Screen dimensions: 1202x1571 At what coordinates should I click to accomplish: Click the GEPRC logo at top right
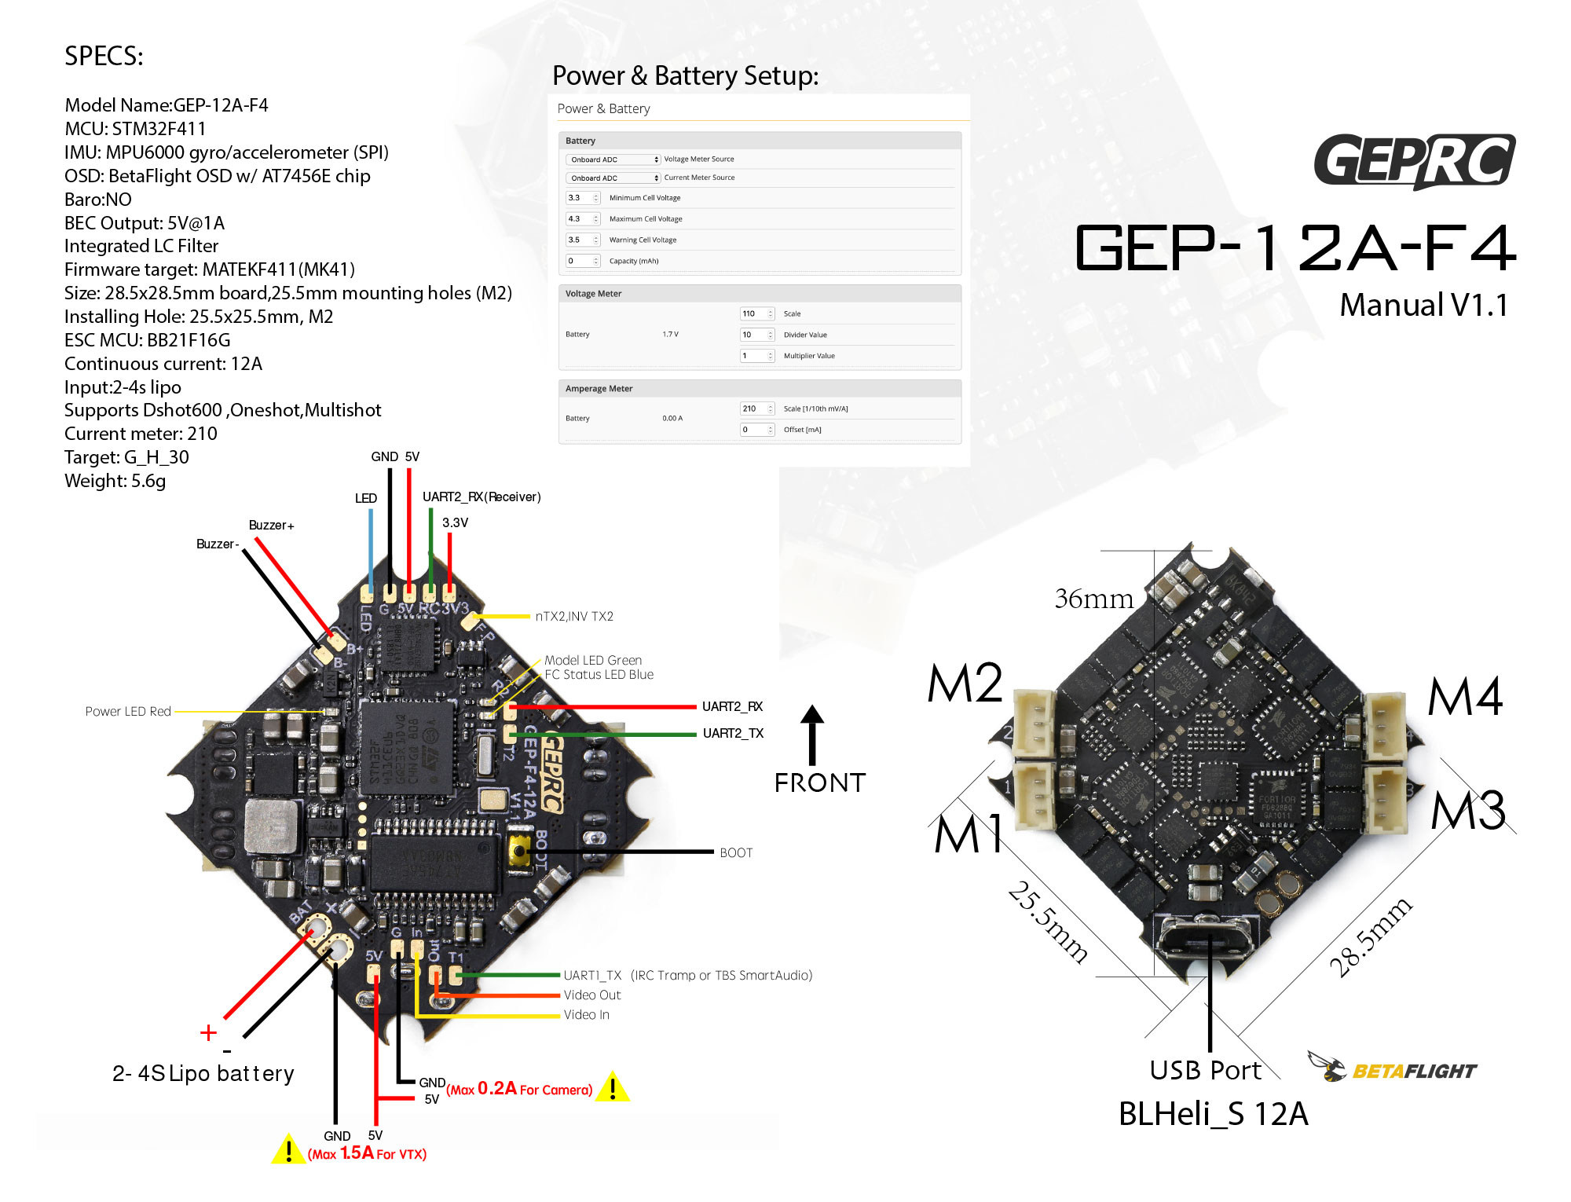coord(1414,161)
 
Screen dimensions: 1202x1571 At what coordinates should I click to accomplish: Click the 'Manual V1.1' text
coord(1423,305)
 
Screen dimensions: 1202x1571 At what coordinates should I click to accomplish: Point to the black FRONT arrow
coord(812,735)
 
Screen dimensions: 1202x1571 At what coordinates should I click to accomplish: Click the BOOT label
coord(736,852)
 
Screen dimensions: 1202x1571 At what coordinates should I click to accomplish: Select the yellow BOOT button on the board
coord(519,852)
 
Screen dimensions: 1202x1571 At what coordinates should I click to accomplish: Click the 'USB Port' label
coord(1204,1070)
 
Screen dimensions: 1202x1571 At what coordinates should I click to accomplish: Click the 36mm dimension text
coord(1093,599)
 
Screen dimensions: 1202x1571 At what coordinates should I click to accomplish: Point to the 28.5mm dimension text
coord(1370,937)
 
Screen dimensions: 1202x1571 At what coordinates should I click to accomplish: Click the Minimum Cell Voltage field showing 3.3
coord(582,198)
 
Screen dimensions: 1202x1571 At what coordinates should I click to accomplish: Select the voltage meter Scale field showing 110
coord(756,313)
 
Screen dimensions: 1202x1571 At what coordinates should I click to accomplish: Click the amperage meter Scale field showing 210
coord(756,409)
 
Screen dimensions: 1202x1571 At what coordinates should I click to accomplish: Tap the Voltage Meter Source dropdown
coord(613,159)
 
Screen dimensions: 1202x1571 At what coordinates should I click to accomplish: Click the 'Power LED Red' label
coord(128,711)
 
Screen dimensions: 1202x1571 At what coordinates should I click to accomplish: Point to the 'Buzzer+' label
coord(271,525)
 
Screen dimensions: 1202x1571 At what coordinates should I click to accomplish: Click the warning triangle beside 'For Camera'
coord(613,1087)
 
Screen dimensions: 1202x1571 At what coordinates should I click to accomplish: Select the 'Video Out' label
coord(591,995)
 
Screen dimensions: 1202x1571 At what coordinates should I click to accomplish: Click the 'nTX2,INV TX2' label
coord(574,616)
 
